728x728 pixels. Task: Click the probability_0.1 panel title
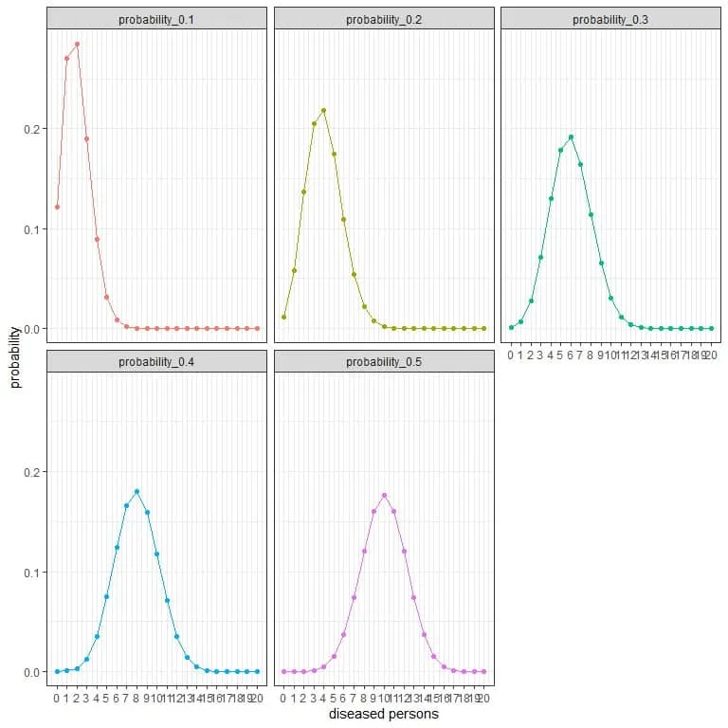pyautogui.click(x=157, y=19)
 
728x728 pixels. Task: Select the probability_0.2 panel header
pyautogui.click(x=384, y=19)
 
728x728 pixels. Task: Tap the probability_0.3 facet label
pyautogui.click(x=610, y=19)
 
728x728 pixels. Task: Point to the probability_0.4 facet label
pyautogui.click(x=157, y=362)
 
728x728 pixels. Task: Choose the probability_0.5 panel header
pyautogui.click(x=384, y=362)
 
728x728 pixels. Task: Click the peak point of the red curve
pyautogui.click(x=77, y=44)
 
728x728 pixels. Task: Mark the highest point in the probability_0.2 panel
pyautogui.click(x=323, y=110)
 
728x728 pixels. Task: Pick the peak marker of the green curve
pyautogui.click(x=571, y=136)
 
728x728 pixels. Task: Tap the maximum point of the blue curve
pyautogui.click(x=137, y=491)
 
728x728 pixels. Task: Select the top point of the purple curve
pyautogui.click(x=384, y=495)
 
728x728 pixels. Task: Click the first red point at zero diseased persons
pyautogui.click(x=57, y=207)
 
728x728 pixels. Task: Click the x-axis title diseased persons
pyautogui.click(x=384, y=714)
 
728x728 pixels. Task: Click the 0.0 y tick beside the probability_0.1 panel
pyautogui.click(x=34, y=329)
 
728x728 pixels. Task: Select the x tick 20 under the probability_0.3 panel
pyautogui.click(x=710, y=355)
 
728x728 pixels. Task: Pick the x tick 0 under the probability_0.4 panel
pyautogui.click(x=57, y=699)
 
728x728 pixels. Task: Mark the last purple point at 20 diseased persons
pyautogui.click(x=483, y=671)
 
